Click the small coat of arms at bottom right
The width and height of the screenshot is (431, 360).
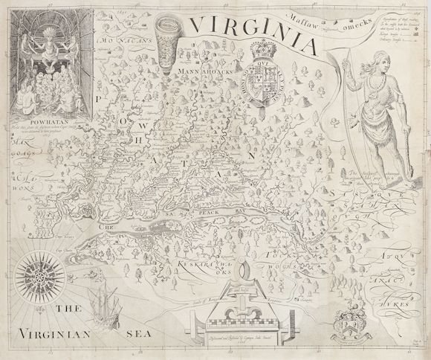click(341, 324)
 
